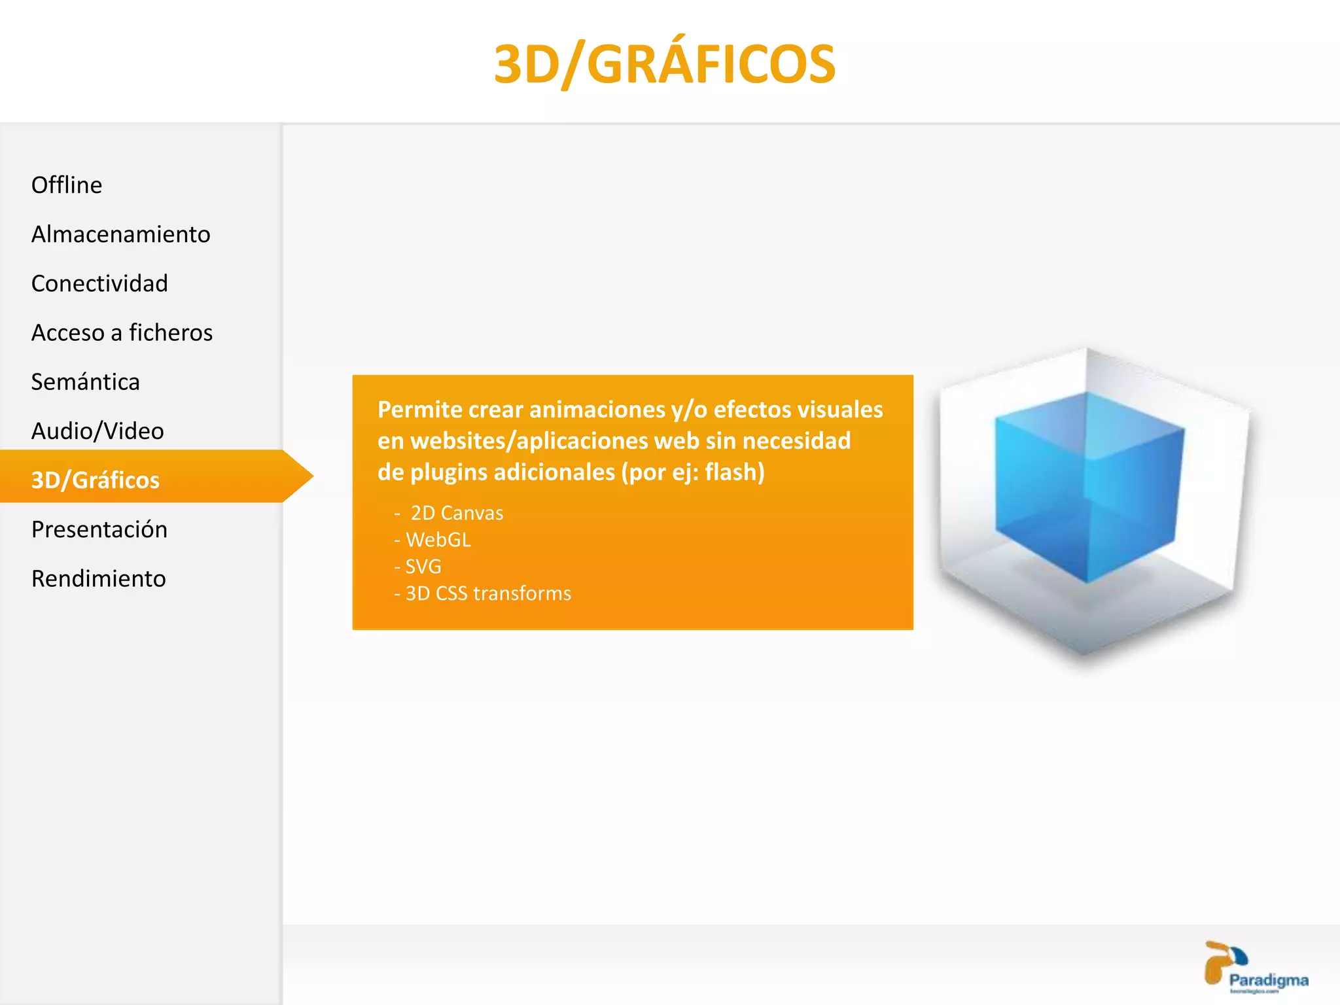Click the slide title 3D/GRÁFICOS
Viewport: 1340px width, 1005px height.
[664, 64]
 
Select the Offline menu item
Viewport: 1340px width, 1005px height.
[67, 185]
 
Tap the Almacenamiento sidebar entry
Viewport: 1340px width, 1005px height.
[121, 234]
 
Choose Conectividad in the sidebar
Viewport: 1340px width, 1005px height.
[99, 283]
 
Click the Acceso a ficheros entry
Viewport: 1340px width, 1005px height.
[122, 332]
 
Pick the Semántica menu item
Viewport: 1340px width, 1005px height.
[86, 381]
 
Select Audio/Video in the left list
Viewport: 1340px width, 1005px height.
[97, 431]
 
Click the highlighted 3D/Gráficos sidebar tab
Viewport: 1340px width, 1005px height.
[96, 480]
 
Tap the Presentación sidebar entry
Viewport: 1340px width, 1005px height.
[99, 529]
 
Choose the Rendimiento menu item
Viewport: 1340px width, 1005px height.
[99, 578]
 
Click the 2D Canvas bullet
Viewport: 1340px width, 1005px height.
[457, 513]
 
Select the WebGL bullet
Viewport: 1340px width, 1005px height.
[438, 540]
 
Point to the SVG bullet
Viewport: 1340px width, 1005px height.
[423, 567]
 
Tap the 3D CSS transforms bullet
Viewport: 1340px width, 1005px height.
[488, 593]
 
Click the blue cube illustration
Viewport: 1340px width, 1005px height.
[1089, 487]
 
